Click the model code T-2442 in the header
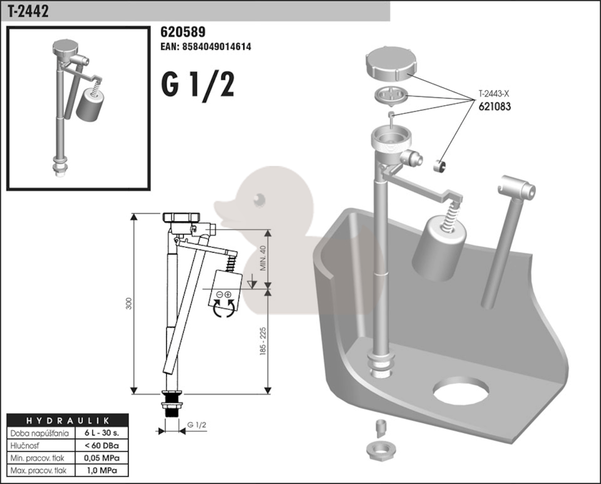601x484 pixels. [28, 12]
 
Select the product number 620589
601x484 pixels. [183, 33]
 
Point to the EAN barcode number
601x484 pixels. [205, 47]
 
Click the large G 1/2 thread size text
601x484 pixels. [198, 85]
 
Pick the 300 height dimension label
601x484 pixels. [129, 303]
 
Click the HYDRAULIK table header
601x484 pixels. [68, 420]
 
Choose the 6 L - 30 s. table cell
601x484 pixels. [101, 432]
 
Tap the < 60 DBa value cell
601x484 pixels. [101, 445]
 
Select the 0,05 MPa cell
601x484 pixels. [101, 457]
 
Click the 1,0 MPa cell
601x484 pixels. [101, 470]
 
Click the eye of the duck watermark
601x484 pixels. [258, 199]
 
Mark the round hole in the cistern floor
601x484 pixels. [461, 391]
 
